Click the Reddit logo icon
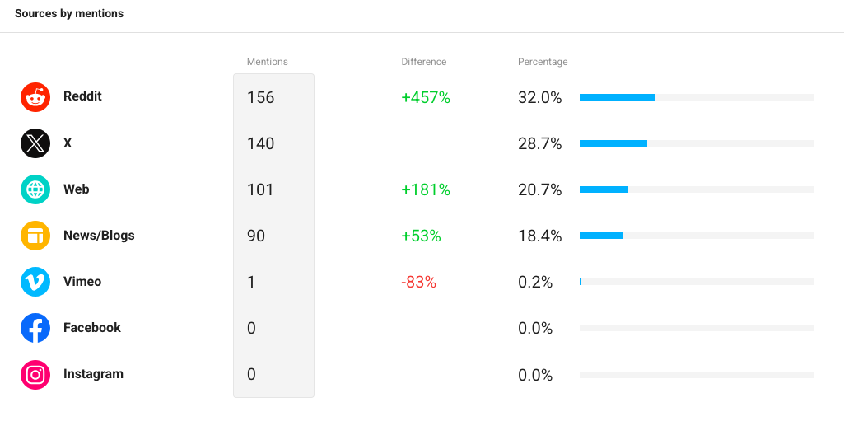coord(35,97)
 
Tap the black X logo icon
coord(35,143)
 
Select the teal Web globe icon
coord(35,189)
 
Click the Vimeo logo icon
coord(35,282)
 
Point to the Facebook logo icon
coord(35,328)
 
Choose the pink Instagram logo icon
coord(35,374)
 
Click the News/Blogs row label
coord(99,236)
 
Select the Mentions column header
coord(268,62)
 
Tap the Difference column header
coord(423,62)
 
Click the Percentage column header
coord(543,62)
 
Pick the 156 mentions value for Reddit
coord(260,97)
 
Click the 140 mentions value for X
coord(260,143)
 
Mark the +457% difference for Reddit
coord(426,97)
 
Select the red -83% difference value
coord(419,282)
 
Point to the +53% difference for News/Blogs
coord(421,236)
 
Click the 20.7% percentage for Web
coord(540,190)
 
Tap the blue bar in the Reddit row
coord(617,97)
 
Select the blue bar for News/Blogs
coord(601,236)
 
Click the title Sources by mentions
coord(69,14)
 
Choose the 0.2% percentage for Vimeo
coord(535,282)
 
